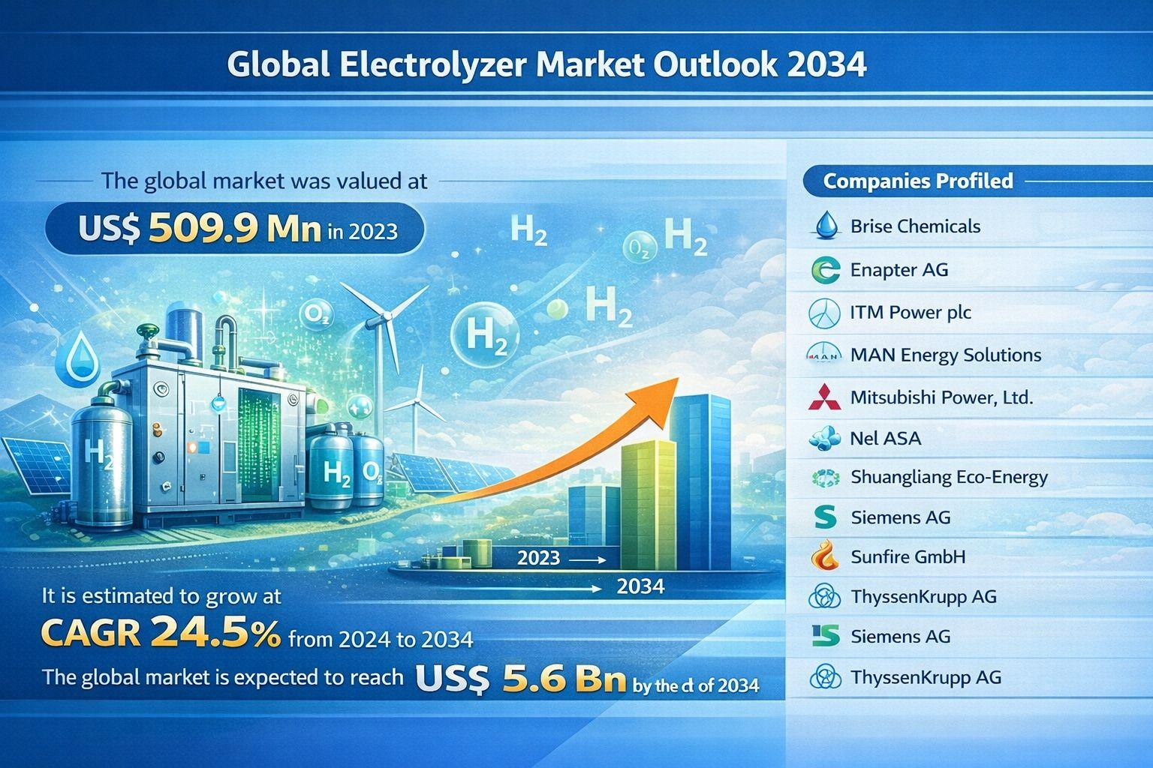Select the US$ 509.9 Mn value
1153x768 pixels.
(x=200, y=229)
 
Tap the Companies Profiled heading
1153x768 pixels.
(x=917, y=181)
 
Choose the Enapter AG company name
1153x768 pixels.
(x=899, y=269)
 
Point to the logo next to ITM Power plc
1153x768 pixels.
(x=824, y=313)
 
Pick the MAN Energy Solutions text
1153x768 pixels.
(x=945, y=355)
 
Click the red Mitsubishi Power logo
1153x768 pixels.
(x=825, y=397)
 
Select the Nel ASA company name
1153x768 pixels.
(x=885, y=438)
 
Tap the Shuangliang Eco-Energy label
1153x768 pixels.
(x=949, y=477)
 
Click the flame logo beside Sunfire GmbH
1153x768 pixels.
(x=825, y=556)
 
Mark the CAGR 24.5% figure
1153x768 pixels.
(x=161, y=634)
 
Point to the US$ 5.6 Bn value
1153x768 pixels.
(x=519, y=680)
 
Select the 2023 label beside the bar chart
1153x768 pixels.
(x=539, y=557)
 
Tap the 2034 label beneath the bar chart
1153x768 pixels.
(x=640, y=586)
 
